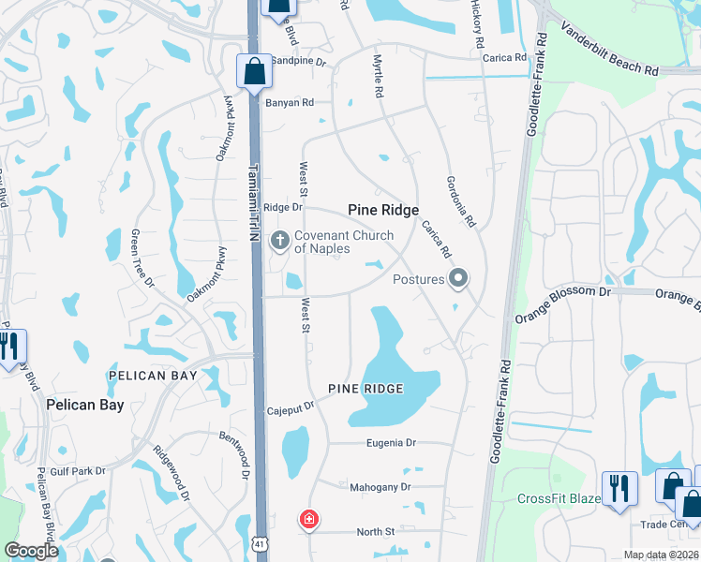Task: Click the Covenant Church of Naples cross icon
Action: coord(279,242)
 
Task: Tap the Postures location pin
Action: coord(458,278)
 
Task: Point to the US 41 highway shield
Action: coord(259,542)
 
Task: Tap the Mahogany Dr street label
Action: coord(380,487)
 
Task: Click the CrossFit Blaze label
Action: coord(559,498)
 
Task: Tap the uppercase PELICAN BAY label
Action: coord(152,376)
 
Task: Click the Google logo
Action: coord(32,551)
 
